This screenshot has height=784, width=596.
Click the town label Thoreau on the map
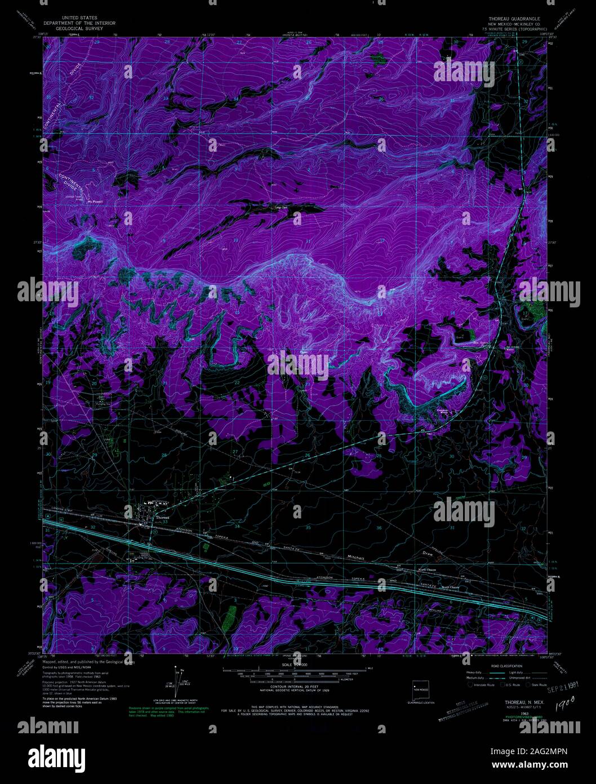(162, 517)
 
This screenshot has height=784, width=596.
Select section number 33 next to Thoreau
(166, 522)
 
